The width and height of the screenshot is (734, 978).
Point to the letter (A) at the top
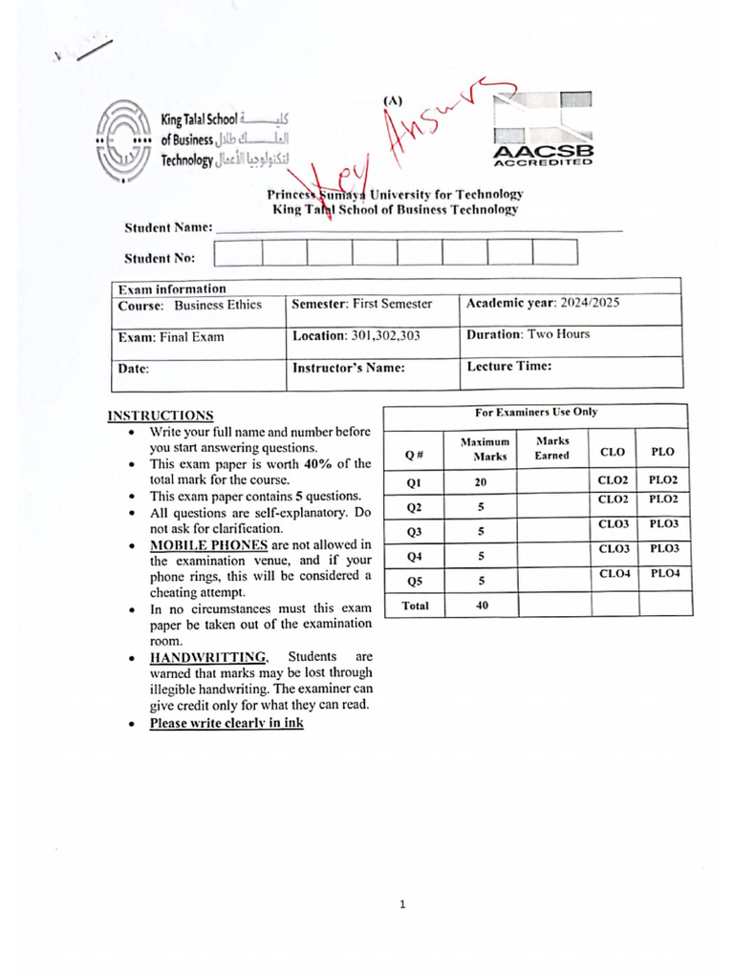pyautogui.click(x=392, y=99)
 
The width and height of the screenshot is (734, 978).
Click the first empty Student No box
pyautogui.click(x=237, y=252)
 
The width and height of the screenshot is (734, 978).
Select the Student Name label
pyautogui.click(x=167, y=227)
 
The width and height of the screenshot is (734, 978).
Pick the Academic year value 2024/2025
pyautogui.click(x=584, y=303)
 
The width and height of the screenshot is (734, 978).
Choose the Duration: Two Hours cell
pyautogui.click(x=529, y=334)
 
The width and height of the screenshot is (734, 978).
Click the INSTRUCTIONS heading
pyautogui.click(x=161, y=415)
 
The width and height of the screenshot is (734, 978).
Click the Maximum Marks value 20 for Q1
pyautogui.click(x=481, y=483)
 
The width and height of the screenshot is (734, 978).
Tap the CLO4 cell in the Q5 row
pyautogui.click(x=613, y=573)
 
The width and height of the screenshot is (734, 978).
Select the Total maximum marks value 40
pyautogui.click(x=481, y=605)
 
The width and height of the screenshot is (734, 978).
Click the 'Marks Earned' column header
pyautogui.click(x=551, y=448)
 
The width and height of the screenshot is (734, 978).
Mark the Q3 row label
pyautogui.click(x=414, y=531)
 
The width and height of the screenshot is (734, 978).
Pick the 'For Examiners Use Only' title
pyautogui.click(x=535, y=412)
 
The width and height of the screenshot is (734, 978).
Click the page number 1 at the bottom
pyautogui.click(x=402, y=905)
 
